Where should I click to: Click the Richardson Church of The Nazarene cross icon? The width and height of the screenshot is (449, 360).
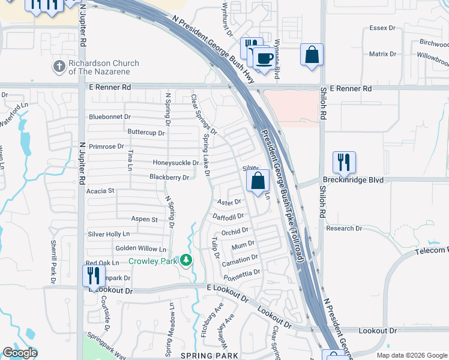59,67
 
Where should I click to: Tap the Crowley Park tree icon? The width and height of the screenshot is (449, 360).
186,260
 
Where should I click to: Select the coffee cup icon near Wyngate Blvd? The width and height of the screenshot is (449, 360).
264,58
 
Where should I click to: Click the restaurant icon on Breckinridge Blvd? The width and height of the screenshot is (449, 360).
344,161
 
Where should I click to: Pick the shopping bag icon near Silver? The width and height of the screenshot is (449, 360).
258,181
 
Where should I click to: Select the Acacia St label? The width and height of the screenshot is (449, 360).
100,191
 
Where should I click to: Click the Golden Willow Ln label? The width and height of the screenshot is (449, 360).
140,248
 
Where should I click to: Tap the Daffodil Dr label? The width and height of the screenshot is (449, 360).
228,216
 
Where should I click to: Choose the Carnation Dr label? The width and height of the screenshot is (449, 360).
240,258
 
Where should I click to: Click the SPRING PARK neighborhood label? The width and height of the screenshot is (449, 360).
212,356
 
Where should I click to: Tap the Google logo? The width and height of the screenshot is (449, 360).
20,353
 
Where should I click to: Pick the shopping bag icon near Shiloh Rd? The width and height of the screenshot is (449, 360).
312,55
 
